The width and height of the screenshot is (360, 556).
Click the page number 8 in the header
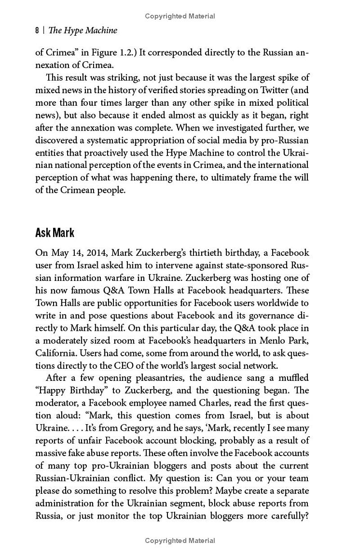pyautogui.click(x=37, y=31)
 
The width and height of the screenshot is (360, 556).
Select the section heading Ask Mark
pyautogui.click(x=54, y=233)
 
